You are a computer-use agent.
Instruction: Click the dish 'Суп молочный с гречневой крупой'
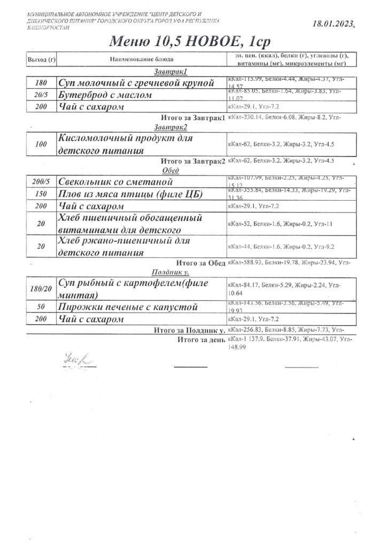pos(136,83)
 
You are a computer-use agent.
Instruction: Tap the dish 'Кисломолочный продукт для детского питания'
pos(126,144)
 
